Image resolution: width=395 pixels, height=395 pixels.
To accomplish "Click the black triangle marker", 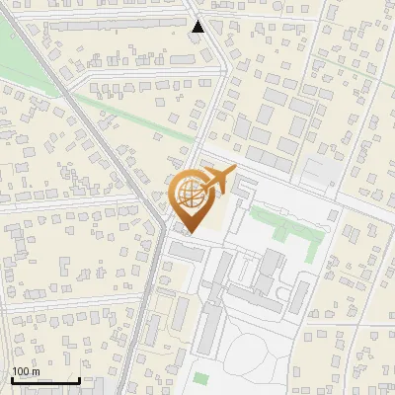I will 198,28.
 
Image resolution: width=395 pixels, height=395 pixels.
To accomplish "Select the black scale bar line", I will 45,380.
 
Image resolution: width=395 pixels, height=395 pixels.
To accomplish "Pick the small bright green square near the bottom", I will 200,378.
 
